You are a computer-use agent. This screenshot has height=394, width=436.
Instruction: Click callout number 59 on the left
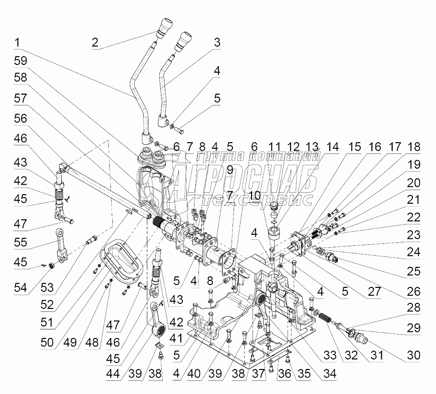(21, 61)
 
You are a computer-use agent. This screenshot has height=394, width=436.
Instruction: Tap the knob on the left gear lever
(164, 29)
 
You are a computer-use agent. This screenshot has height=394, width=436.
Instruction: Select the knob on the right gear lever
(183, 42)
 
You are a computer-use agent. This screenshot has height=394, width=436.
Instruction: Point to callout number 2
(95, 43)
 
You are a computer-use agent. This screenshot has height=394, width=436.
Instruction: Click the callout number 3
(217, 42)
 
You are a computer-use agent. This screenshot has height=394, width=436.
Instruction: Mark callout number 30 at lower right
(413, 355)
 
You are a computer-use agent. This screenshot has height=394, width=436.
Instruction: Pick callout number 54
(21, 287)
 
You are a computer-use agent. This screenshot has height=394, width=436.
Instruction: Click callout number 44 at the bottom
(113, 373)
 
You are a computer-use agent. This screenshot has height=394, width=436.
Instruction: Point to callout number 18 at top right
(413, 147)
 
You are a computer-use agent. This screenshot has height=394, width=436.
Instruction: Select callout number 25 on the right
(413, 271)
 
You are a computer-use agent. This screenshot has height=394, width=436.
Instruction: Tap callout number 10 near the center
(255, 196)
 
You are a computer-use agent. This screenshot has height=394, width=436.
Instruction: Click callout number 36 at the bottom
(285, 373)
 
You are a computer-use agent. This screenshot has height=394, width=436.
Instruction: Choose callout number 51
(47, 322)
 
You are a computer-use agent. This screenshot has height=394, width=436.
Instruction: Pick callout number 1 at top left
(17, 43)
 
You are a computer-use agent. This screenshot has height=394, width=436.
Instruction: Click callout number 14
(333, 147)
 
